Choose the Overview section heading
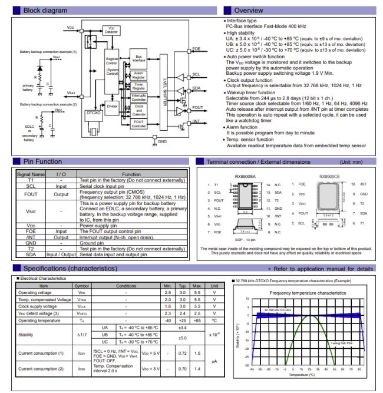(x=252, y=11)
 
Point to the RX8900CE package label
(x=330, y=175)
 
